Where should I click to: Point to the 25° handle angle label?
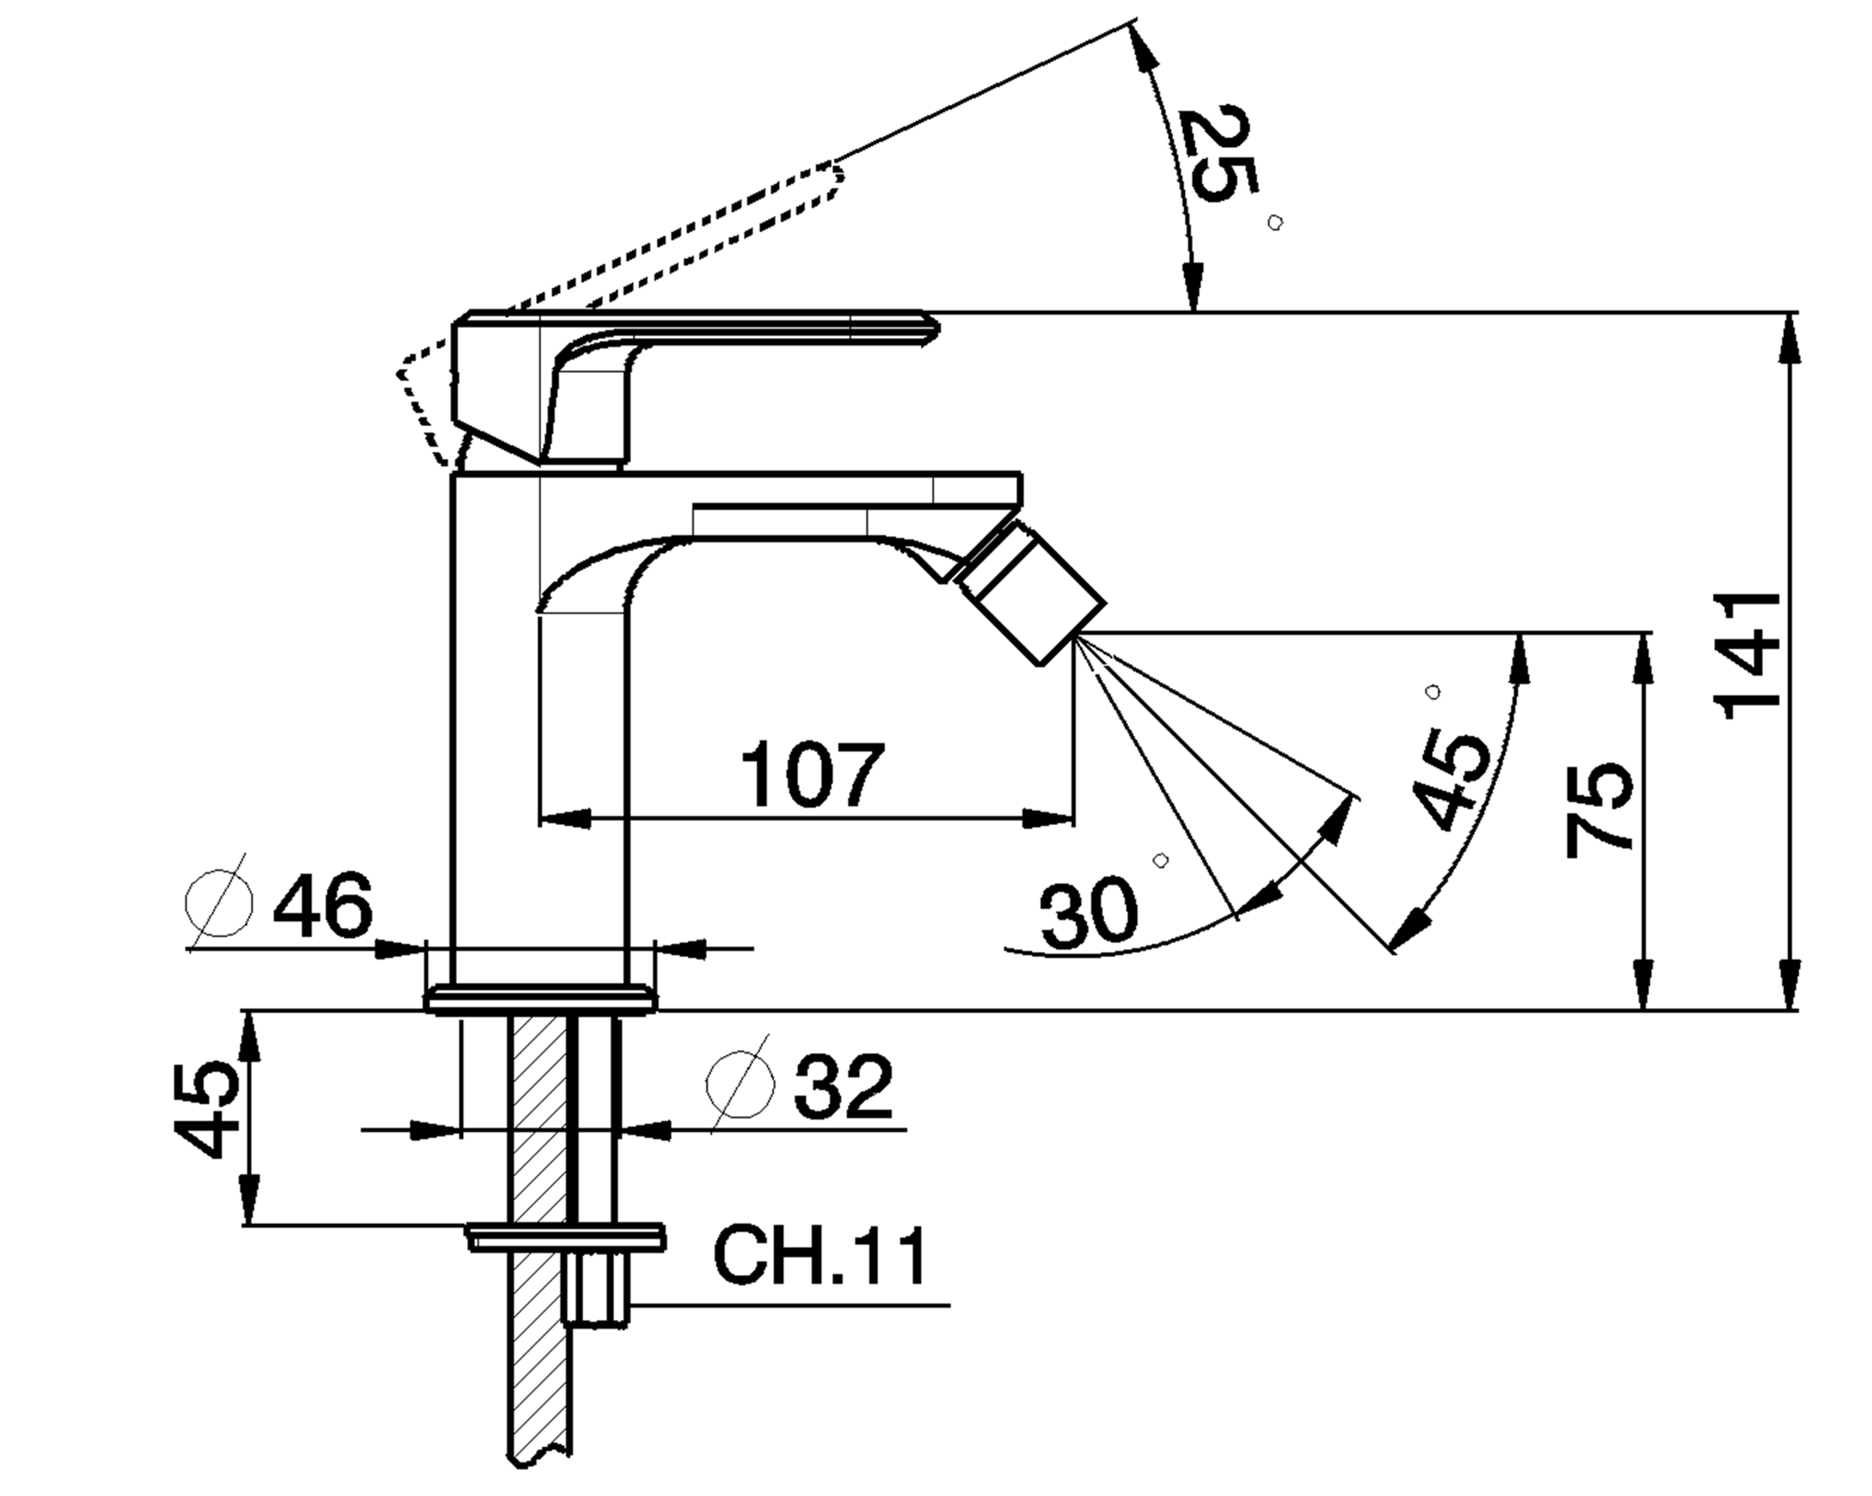pos(1220,154)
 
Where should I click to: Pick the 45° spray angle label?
pos(1448,780)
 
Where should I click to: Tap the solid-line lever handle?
pos(695,330)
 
